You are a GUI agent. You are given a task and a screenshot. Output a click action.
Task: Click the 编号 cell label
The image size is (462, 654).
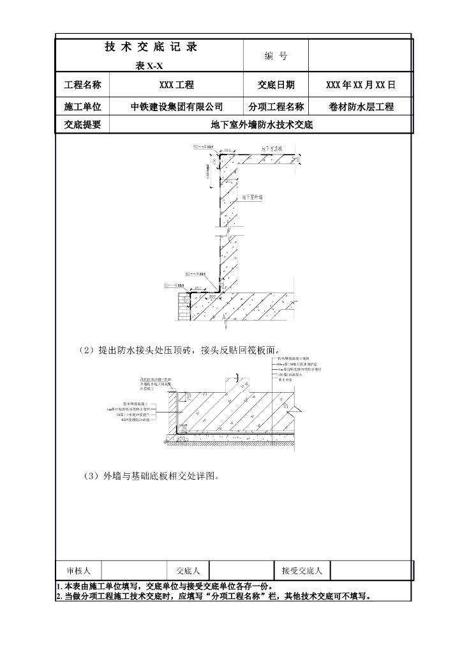point(276,56)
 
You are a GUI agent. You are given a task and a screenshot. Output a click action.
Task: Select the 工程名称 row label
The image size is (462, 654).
point(83,85)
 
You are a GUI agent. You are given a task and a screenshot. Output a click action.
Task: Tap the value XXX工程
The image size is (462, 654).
point(177,85)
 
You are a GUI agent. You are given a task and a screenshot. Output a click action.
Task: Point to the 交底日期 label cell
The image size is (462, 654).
point(276,85)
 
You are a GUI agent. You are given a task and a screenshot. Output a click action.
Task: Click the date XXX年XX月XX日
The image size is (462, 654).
point(361,85)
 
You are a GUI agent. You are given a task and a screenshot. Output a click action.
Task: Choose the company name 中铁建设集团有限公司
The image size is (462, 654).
point(177,107)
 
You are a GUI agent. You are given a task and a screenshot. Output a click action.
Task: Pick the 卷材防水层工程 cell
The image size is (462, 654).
point(361,107)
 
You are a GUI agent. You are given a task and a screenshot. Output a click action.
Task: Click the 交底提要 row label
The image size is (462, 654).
point(83,125)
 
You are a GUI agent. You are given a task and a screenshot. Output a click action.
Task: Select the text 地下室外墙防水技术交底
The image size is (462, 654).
point(262,125)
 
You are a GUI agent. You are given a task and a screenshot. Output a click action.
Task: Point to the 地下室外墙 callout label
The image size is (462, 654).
point(251,199)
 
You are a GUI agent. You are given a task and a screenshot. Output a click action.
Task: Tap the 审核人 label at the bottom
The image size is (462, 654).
point(79,570)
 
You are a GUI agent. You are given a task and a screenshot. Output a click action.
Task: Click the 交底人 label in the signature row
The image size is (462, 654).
point(188,570)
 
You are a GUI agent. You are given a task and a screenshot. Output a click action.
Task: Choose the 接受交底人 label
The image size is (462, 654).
point(302,570)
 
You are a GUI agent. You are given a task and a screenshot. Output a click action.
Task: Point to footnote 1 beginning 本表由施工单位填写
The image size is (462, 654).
point(166,586)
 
